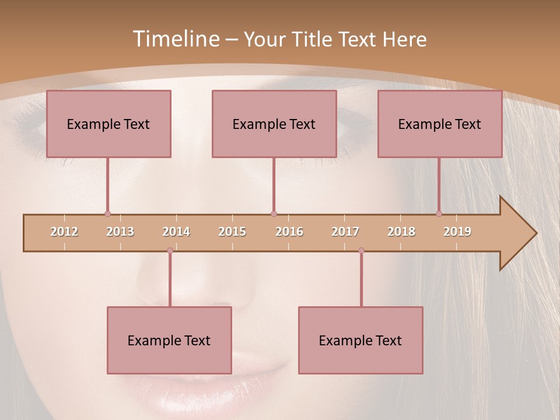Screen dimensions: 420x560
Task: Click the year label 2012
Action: [64, 232]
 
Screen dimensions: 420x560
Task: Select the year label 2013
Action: [120, 232]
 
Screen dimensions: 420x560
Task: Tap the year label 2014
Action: [176, 232]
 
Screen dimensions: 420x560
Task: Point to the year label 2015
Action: [232, 232]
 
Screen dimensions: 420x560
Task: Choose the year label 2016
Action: [289, 232]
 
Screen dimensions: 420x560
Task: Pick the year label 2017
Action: [345, 232]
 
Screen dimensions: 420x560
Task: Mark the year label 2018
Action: [401, 232]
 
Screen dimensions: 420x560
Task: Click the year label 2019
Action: [457, 232]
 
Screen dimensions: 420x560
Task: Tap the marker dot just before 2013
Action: [107, 213]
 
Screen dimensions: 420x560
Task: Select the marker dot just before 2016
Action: [274, 213]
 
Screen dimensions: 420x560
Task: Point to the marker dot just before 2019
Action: [439, 213]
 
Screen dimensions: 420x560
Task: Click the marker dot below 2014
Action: [170, 251]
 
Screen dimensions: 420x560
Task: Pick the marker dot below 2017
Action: [361, 251]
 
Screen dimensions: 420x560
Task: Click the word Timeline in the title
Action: [175, 39]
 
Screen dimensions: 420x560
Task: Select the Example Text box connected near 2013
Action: [108, 124]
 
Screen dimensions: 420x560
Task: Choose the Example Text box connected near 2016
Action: [274, 124]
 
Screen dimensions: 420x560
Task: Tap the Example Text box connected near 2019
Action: [440, 124]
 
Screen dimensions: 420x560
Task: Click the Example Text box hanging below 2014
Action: [169, 340]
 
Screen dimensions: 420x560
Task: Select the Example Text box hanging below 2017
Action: [360, 340]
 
